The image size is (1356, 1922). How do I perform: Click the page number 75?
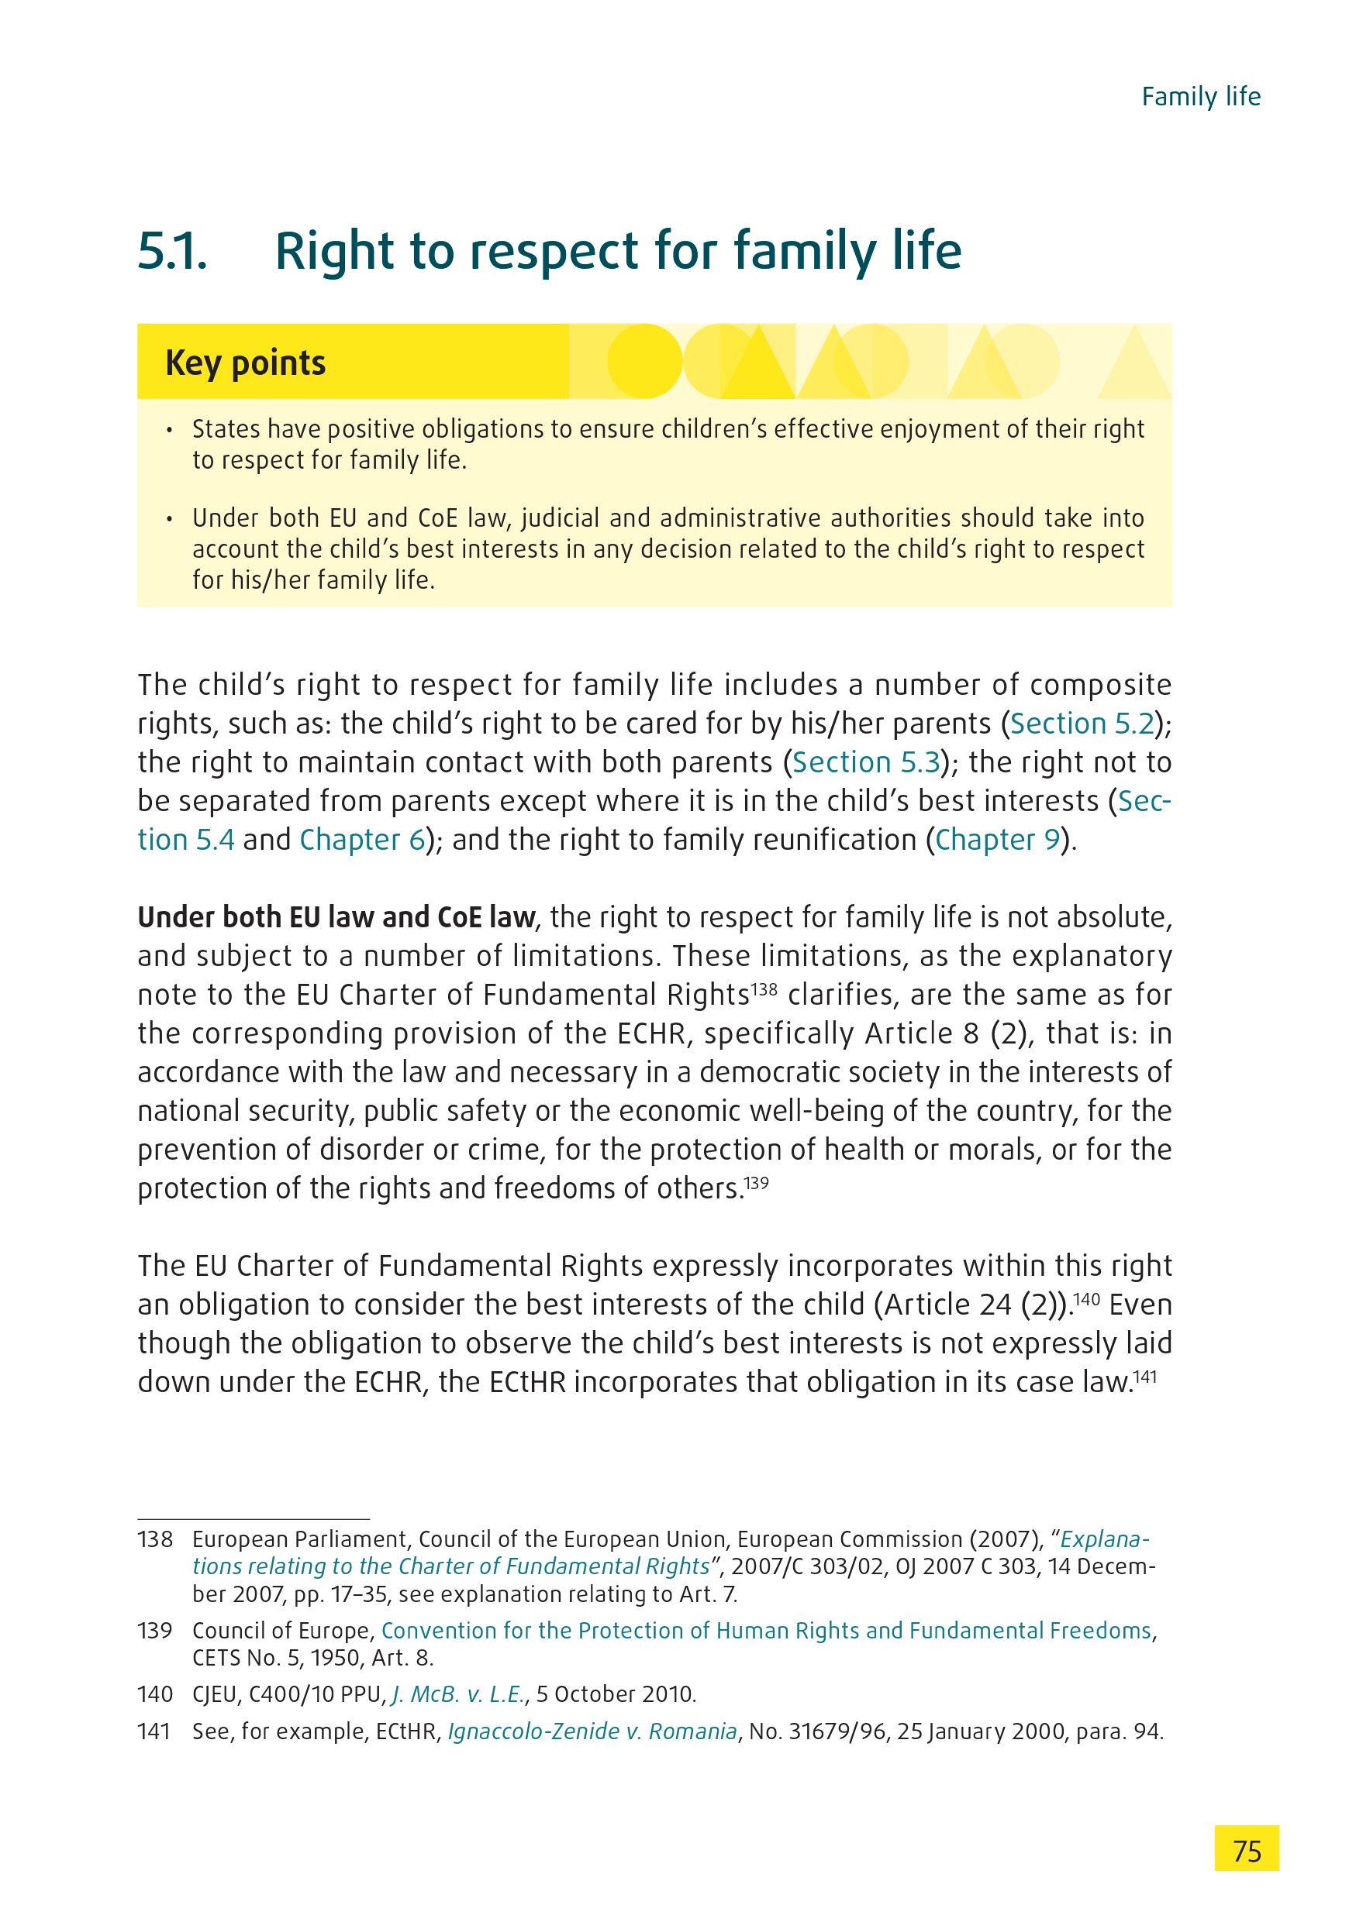pyautogui.click(x=1246, y=1849)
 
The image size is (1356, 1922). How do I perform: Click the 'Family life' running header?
pyautogui.click(x=1200, y=97)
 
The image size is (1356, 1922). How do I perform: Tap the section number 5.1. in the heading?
pyautogui.click(x=171, y=251)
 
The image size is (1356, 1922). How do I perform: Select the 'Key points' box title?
pyautogui.click(x=246, y=363)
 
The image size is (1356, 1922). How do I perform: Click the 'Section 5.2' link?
pyautogui.click(x=1082, y=724)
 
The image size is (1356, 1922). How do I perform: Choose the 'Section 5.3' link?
pyautogui.click(x=864, y=762)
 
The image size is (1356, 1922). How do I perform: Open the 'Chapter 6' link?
pyautogui.click(x=363, y=840)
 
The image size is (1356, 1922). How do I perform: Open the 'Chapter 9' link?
pyautogui.click(x=998, y=840)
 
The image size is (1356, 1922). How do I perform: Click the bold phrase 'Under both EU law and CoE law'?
pyautogui.click(x=336, y=917)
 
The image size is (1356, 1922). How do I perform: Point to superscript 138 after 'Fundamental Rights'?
pyautogui.click(x=764, y=989)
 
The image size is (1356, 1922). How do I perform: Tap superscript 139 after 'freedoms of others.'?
pyautogui.click(x=757, y=1182)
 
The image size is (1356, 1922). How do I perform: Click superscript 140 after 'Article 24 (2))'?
pyautogui.click(x=1088, y=1298)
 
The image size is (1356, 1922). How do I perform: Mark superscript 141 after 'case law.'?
pyautogui.click(x=1144, y=1375)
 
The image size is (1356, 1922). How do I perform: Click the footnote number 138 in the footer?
pyautogui.click(x=155, y=1539)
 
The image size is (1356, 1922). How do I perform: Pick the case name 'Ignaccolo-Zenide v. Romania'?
pyautogui.click(x=592, y=1731)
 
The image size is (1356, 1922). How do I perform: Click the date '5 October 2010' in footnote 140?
pyautogui.click(x=615, y=1694)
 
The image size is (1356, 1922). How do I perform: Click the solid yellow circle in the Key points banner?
pyautogui.click(x=644, y=362)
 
